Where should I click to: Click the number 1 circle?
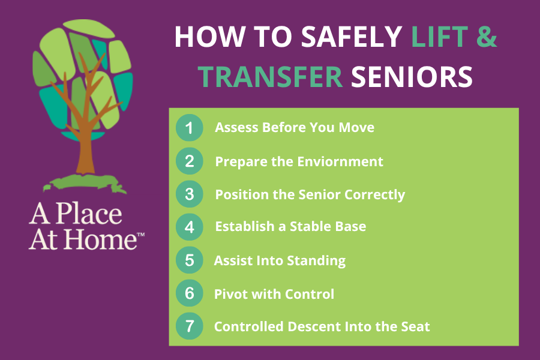(189, 128)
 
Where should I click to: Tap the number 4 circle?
(189, 227)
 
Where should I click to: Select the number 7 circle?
(189, 326)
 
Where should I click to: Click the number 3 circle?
(189, 194)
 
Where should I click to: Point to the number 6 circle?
(189, 293)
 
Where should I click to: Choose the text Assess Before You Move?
(295, 128)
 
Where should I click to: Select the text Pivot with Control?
(274, 294)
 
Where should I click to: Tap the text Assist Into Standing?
(280, 261)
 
